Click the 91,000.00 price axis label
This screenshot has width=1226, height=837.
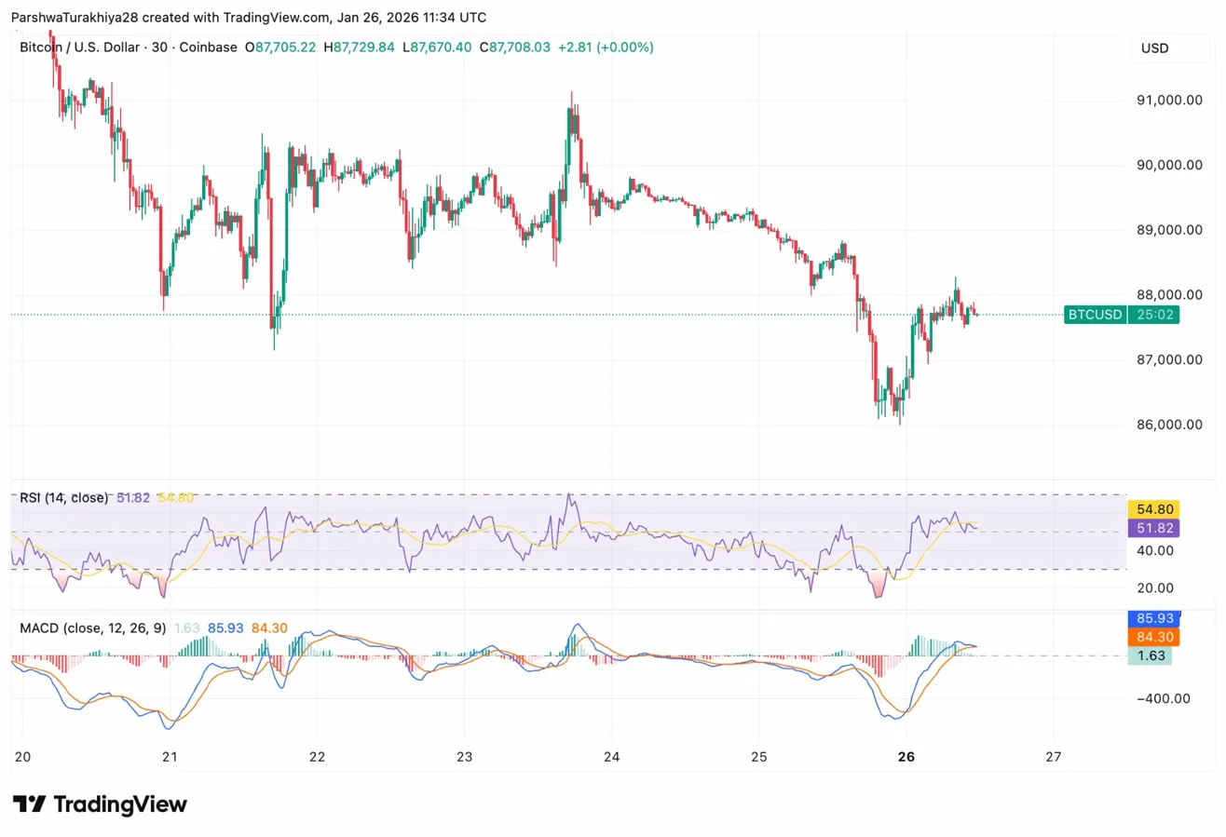point(1164,101)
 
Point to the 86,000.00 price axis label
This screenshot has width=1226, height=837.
point(1164,425)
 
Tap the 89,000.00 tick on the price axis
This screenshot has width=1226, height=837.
point(1164,230)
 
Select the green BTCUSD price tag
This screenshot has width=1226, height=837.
point(1095,315)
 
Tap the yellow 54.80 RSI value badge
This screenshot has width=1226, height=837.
point(1153,508)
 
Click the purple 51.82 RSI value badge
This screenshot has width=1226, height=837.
point(1153,528)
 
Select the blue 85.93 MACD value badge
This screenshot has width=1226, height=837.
point(1153,617)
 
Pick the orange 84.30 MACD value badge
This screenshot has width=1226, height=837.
point(1153,637)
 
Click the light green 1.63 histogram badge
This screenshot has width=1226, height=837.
point(1150,656)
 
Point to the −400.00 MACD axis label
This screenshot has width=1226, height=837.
point(1160,698)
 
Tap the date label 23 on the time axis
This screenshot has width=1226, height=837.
point(465,756)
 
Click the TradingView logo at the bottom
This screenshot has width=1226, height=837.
point(100,804)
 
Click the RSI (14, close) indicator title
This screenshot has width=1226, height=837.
point(63,498)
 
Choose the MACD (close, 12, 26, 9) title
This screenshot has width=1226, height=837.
point(93,628)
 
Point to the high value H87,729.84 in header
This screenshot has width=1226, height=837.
point(359,47)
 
